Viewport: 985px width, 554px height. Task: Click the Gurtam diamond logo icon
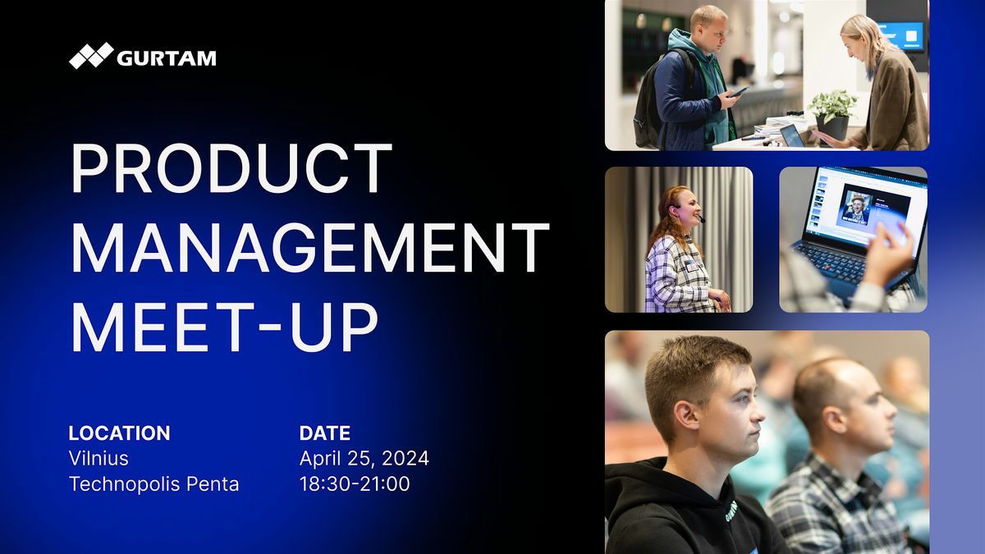[x=91, y=56]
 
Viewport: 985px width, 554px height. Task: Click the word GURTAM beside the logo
[x=166, y=57]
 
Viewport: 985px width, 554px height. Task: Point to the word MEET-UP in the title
[x=223, y=326]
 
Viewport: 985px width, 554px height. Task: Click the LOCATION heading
[x=119, y=433]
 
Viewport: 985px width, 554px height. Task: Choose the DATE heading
[x=325, y=433]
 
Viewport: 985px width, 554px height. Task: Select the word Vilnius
[x=98, y=458]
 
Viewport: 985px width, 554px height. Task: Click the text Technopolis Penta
[x=154, y=484]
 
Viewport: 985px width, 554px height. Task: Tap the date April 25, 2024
[x=364, y=458]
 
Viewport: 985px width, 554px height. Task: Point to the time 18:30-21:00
[x=355, y=484]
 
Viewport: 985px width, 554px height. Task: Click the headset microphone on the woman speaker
[x=701, y=219]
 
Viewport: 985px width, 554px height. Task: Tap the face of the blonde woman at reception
[x=854, y=43]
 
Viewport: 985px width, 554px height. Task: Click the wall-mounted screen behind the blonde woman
[x=902, y=35]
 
